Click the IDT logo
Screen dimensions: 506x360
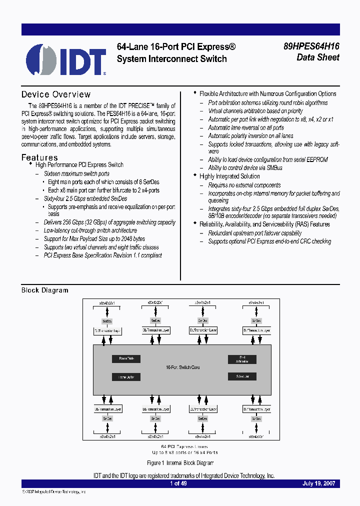(65, 59)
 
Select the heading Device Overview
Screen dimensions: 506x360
(56, 94)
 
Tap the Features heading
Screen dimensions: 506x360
(39, 157)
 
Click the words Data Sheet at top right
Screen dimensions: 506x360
(318, 57)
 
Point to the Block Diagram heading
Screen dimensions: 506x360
(44, 290)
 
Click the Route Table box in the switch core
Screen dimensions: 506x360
(126, 358)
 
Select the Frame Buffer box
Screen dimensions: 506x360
(126, 377)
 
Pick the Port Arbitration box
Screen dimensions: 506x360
(242, 359)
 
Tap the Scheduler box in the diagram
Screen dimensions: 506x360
(242, 376)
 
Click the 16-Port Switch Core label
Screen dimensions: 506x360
(182, 367)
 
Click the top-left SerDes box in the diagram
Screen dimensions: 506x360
(107, 321)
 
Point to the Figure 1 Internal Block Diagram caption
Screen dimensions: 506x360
(180, 463)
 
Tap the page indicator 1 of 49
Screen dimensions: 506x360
(178, 484)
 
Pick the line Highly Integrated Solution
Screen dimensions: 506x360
(229, 176)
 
